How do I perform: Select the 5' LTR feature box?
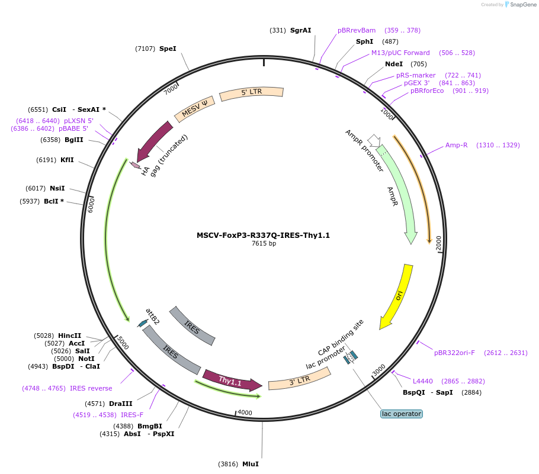coord(251,93)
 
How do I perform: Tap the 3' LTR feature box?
coord(299,380)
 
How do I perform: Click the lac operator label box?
coord(402,414)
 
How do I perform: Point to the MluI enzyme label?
coord(250,464)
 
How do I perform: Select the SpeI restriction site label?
coord(168,49)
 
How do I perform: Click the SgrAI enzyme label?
coord(300,30)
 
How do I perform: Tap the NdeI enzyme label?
coord(394,64)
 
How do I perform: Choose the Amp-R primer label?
coord(457,145)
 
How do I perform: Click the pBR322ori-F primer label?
coord(454,353)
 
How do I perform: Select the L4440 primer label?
coord(423,381)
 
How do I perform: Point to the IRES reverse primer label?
coord(91,388)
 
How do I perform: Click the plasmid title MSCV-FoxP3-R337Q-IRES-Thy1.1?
coord(263,235)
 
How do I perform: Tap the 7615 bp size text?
coord(264,243)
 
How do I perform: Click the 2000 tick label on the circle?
coord(438,243)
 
